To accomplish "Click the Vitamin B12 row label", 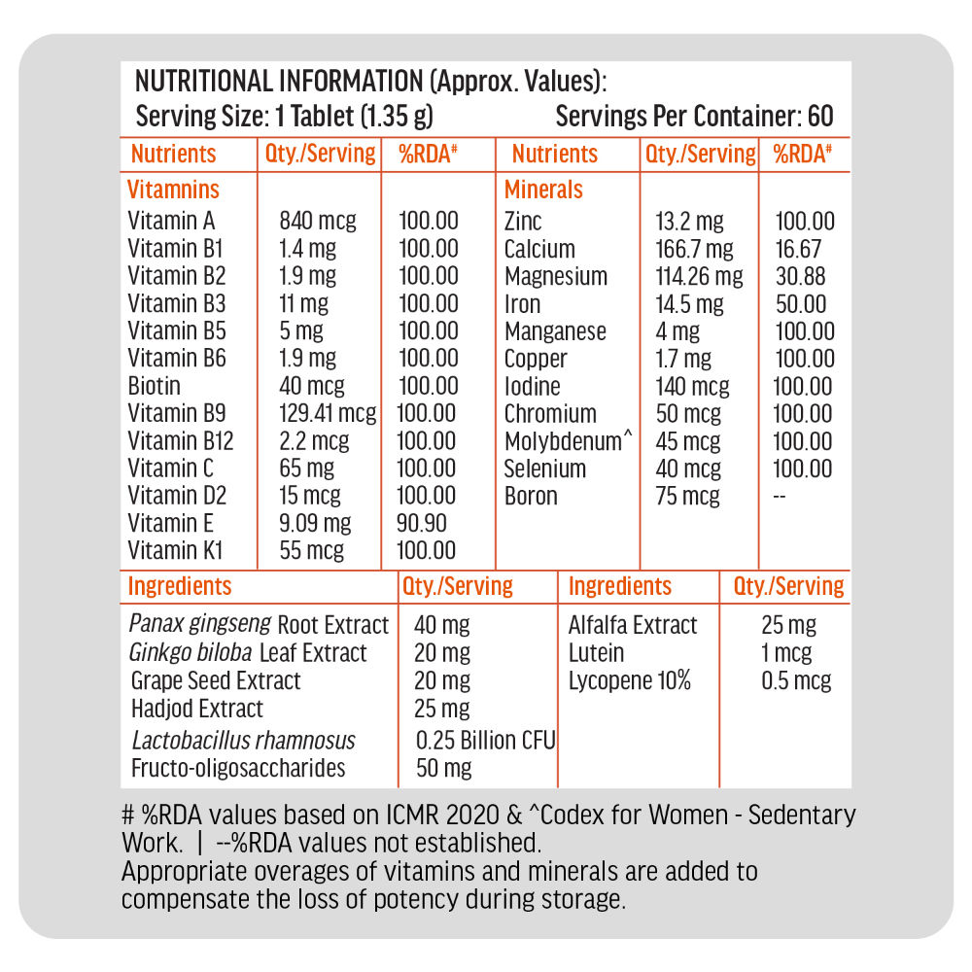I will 181,441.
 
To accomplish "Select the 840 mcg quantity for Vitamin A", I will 317,222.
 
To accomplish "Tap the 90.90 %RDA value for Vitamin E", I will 423,524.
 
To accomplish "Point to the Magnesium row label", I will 555,277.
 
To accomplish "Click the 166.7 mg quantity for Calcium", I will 694,250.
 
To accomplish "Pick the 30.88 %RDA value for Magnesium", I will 801,277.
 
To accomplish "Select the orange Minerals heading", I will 543,190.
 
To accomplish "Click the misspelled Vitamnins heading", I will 174,190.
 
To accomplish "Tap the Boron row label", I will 531,497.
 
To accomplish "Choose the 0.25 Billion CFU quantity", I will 485,741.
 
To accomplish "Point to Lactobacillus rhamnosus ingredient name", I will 243,741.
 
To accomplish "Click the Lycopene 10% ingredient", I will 629,680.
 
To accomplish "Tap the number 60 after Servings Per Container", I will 820,117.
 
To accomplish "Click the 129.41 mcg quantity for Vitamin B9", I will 328,414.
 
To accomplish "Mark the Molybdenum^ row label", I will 568,442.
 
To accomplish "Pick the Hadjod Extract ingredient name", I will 197,709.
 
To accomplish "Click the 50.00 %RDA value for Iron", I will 801,304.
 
